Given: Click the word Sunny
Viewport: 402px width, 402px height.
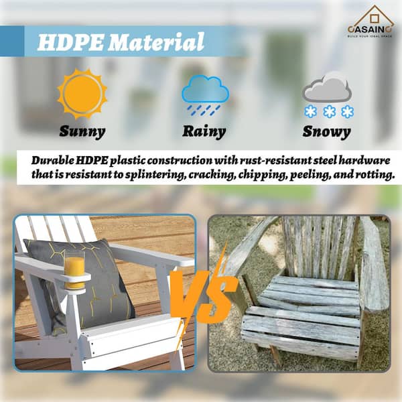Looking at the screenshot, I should [x=82, y=131].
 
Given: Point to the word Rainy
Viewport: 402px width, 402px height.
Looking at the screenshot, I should [x=205, y=131].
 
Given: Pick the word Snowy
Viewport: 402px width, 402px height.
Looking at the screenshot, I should [x=326, y=131].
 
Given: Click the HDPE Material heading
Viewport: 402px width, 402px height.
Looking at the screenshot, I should [x=121, y=42].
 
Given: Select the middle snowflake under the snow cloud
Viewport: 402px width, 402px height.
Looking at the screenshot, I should [x=328, y=111].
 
